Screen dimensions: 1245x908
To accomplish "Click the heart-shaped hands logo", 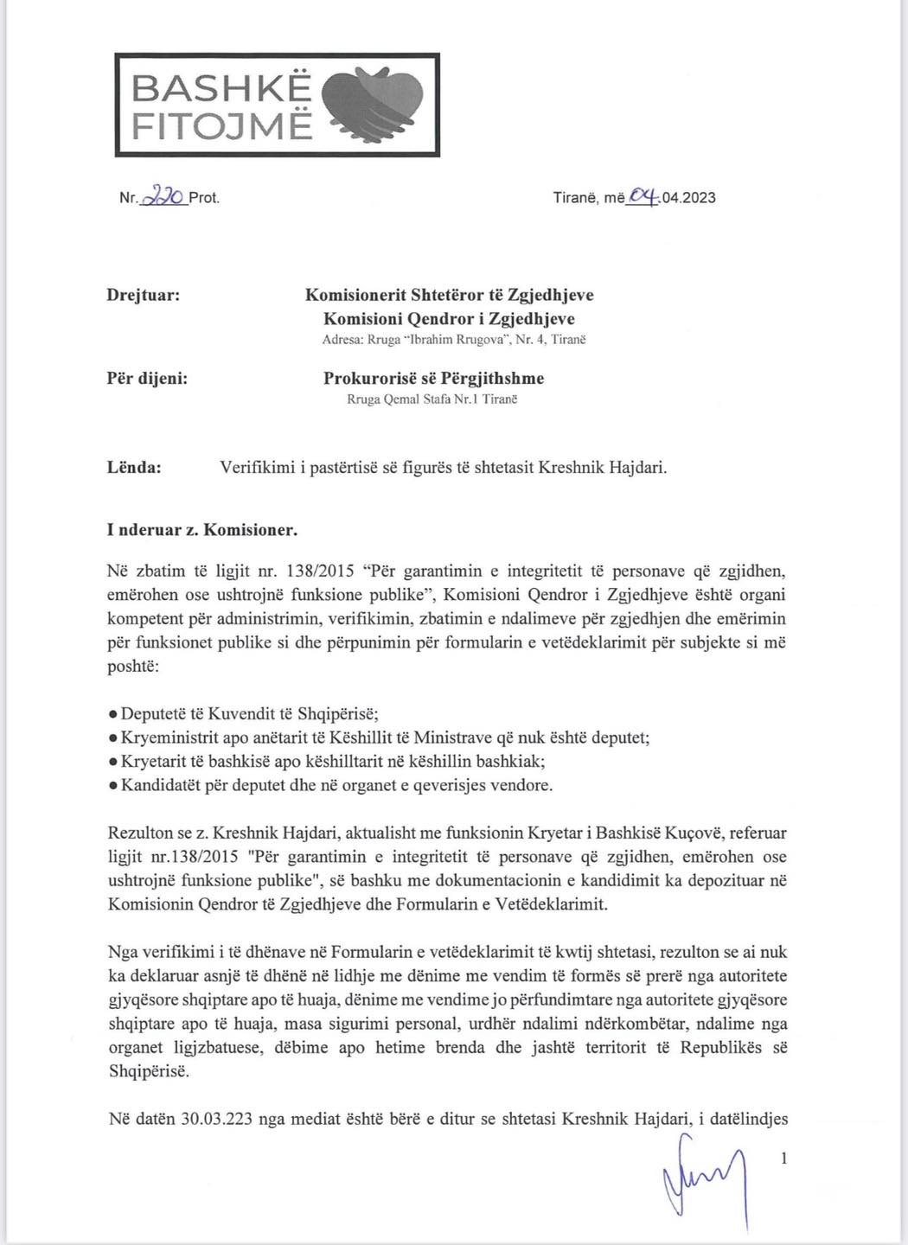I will (374, 103).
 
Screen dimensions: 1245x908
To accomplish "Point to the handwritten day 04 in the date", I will (643, 196).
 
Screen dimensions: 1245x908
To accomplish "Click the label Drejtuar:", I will (144, 296).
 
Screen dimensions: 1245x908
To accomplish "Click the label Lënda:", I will (134, 468).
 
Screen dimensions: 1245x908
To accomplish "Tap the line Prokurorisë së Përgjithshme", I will (433, 378).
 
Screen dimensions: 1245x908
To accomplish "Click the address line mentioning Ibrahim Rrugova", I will (453, 341).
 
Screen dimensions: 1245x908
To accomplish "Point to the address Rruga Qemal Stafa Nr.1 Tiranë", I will (432, 399).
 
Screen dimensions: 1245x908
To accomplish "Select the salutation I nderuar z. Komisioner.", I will (202, 530).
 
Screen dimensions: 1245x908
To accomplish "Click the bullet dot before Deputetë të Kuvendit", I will (113, 715).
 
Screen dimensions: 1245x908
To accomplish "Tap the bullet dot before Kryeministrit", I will (113, 738).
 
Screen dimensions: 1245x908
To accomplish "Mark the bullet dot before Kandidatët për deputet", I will (113, 785).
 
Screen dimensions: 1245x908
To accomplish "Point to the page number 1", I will (784, 1159).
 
